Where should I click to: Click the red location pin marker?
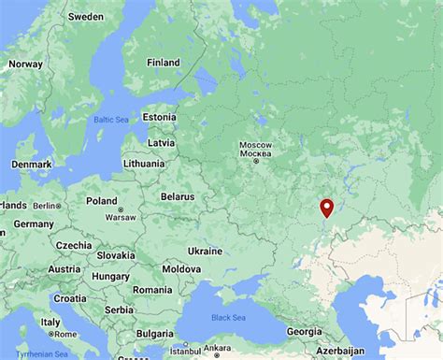point(326,208)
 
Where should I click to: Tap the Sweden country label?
point(86,17)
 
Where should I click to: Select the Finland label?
point(163,63)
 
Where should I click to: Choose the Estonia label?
point(159,117)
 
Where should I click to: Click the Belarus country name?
point(177,197)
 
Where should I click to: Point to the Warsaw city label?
point(121,217)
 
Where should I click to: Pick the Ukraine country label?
point(205,251)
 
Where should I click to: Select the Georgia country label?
point(303,331)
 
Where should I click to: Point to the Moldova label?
point(181,269)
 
